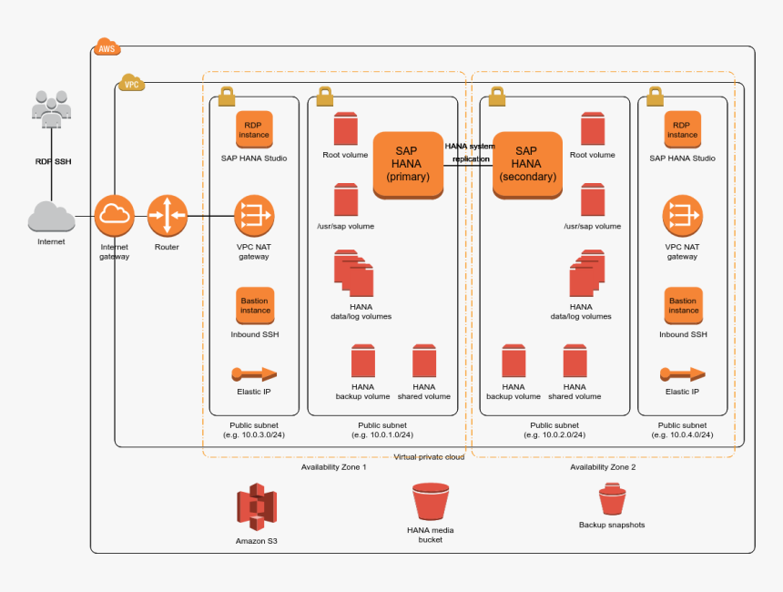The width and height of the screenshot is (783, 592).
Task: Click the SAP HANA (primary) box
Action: (x=408, y=164)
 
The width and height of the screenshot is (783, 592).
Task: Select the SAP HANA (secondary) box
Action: (x=526, y=164)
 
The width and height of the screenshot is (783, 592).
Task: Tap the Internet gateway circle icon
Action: (x=114, y=215)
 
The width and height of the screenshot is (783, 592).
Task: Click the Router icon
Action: (x=167, y=215)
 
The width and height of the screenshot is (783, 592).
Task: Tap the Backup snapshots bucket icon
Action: (x=612, y=500)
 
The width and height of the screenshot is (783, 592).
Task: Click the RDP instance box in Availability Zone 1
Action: (x=254, y=129)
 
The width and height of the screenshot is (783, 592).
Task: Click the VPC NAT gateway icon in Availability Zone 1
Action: (x=254, y=216)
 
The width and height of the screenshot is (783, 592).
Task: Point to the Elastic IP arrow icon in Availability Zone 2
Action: (x=682, y=373)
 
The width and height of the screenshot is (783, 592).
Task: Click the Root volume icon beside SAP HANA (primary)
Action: (x=345, y=129)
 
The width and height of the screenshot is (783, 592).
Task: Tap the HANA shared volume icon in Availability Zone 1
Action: (x=424, y=362)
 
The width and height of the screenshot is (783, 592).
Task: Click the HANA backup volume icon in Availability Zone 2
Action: (x=514, y=362)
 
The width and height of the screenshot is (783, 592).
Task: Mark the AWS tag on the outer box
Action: (x=106, y=48)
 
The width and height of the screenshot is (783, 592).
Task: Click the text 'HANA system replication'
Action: (x=471, y=152)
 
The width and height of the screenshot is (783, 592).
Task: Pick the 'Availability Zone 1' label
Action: (x=333, y=467)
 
